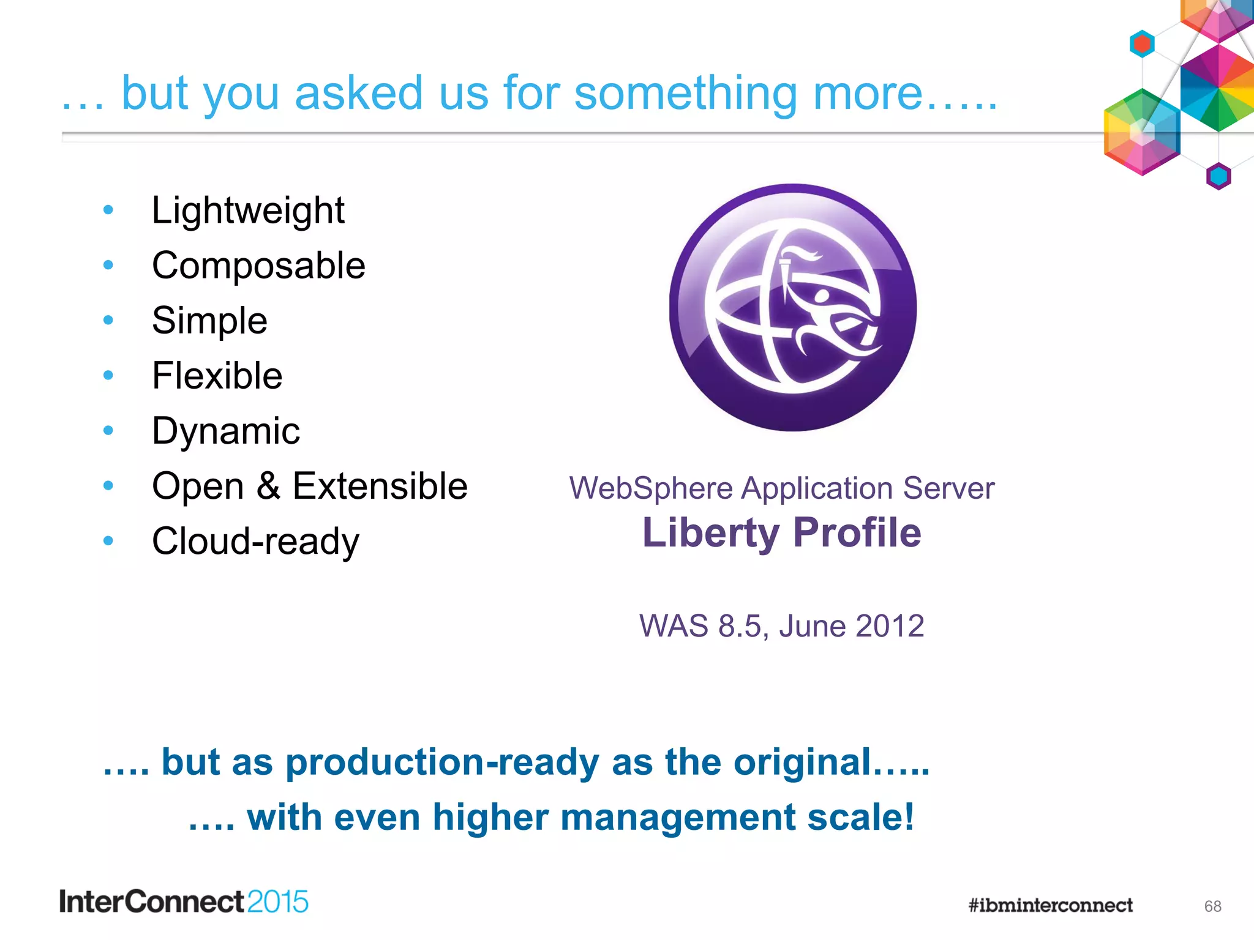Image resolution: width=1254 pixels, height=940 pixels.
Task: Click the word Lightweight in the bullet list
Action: tap(248, 211)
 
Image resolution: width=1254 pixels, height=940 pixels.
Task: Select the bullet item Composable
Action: tap(258, 266)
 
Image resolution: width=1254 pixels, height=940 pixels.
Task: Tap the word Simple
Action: tap(209, 321)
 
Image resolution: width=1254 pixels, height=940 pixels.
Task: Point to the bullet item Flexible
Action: tap(217, 376)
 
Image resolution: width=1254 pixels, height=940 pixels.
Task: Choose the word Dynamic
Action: tap(226, 431)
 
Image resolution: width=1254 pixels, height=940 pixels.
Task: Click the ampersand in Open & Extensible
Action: tap(268, 487)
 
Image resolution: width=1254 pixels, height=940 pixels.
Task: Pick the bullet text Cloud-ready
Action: tap(255, 542)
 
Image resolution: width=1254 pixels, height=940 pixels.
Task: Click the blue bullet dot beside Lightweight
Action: tap(108, 210)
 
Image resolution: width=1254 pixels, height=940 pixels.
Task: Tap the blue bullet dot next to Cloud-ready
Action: tap(108, 540)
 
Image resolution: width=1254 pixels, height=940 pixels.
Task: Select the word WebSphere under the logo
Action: tap(651, 488)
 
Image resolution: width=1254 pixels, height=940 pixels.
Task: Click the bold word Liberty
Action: tap(711, 532)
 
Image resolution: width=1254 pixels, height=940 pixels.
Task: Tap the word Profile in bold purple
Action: tap(857, 532)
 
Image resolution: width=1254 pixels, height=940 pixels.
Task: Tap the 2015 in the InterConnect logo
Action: tap(277, 902)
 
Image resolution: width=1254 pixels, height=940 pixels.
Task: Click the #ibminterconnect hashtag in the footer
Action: tap(1050, 905)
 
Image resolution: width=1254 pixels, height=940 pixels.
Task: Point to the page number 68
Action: tap(1212, 906)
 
